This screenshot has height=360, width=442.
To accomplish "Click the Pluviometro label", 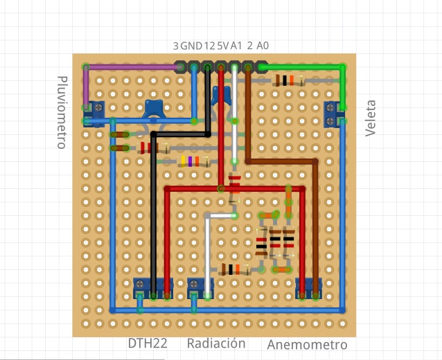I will (x=61, y=112).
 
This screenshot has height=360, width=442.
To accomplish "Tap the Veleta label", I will (x=371, y=118).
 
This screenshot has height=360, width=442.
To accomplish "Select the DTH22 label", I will (x=148, y=343).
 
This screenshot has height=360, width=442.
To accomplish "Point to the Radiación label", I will (x=216, y=343).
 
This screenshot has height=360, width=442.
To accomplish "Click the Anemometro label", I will (x=307, y=345).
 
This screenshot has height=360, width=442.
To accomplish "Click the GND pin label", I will (x=192, y=46).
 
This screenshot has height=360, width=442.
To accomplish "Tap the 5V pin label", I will (x=223, y=46).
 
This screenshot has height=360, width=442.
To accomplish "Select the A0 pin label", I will (x=263, y=46).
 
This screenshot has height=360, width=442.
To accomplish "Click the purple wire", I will (x=132, y=67).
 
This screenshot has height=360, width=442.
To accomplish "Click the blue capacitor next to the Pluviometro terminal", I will (x=153, y=108).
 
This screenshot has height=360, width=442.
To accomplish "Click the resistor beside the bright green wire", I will (x=288, y=80).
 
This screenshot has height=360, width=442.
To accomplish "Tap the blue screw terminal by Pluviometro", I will (x=98, y=112).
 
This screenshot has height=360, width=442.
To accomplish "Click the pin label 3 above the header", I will (x=176, y=46).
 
